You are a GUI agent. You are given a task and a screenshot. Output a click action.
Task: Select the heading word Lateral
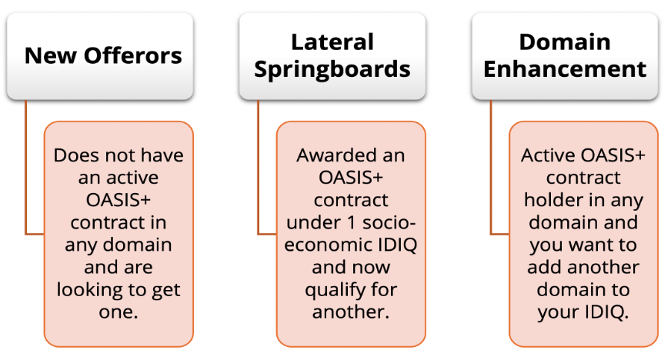tap(332, 42)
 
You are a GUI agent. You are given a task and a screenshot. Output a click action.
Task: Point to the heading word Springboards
tap(332, 69)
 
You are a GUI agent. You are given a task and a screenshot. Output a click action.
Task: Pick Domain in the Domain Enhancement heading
tap(565, 42)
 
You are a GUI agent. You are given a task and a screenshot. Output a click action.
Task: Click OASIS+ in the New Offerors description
tap(119, 201)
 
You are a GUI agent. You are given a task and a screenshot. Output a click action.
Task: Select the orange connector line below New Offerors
tap(26, 169)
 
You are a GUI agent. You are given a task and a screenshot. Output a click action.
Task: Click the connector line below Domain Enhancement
tap(492, 169)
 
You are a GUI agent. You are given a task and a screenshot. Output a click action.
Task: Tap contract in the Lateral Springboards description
tap(350, 201)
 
